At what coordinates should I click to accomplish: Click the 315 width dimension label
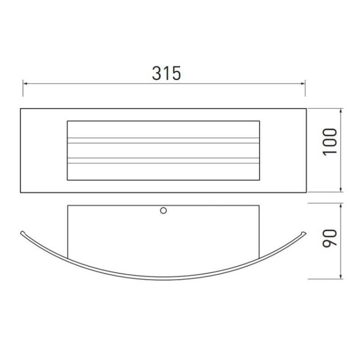[167, 73]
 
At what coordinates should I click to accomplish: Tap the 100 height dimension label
[330, 142]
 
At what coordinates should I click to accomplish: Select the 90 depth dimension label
[330, 238]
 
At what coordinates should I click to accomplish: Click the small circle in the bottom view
[163, 211]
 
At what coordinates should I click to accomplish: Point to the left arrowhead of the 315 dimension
[25, 84]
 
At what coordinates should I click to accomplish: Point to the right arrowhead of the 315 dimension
[302, 84]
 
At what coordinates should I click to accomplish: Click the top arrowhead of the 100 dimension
[341, 111]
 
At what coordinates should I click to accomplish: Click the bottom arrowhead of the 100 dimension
[341, 190]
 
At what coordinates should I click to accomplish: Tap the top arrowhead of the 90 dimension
[341, 206]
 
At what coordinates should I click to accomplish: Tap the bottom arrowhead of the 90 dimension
[341, 276]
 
